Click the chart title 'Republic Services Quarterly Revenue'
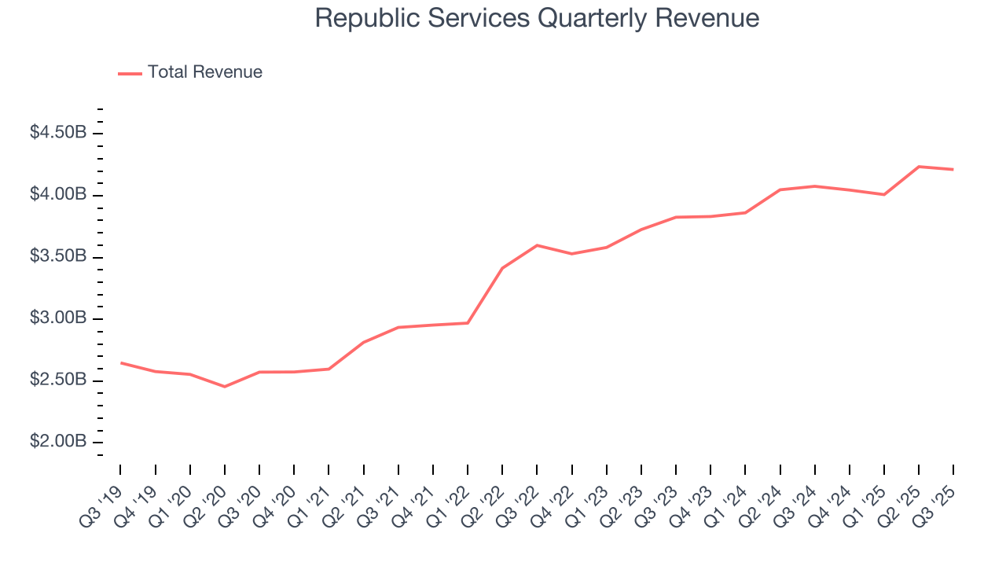coord(537,18)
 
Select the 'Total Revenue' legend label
coord(204,72)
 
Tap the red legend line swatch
coord(130,73)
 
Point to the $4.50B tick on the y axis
coord(58,133)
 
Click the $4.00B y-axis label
coord(58,195)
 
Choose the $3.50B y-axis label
coord(58,257)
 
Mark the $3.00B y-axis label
coord(58,318)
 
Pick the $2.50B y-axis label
coord(58,380)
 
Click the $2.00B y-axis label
coord(58,443)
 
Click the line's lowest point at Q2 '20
coord(225,387)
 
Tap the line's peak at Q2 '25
coord(919,167)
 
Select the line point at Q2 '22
coord(502,268)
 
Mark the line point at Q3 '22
coord(537,245)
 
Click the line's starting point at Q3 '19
coord(120,363)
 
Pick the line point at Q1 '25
coord(884,194)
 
